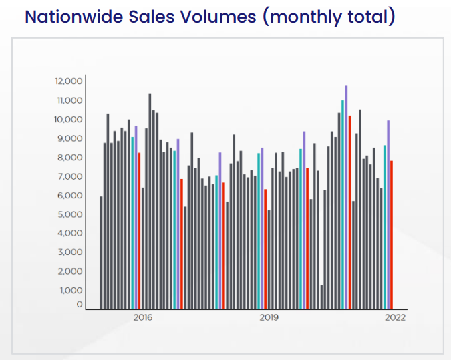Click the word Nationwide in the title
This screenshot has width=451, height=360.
pyautogui.click(x=74, y=17)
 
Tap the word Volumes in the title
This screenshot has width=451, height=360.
pyautogui.click(x=218, y=17)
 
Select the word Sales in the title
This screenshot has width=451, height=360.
pyautogui.click(x=152, y=17)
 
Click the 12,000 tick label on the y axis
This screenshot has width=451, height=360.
pyautogui.click(x=69, y=81)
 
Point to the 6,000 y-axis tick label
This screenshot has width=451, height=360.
pyautogui.click(x=70, y=196)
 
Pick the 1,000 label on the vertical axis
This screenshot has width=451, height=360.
pyautogui.click(x=71, y=291)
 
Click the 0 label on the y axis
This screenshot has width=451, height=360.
pyautogui.click(x=80, y=304)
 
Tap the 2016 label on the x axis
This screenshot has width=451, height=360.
pyautogui.click(x=143, y=317)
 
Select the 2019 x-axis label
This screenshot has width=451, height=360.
pyautogui.click(x=269, y=317)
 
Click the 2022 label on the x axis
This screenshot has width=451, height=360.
pyautogui.click(x=395, y=317)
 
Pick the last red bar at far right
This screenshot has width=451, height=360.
pyautogui.click(x=392, y=235)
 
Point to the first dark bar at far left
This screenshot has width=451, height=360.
pyautogui.click(x=102, y=252)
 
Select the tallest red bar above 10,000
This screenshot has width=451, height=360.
pyautogui.click(x=349, y=212)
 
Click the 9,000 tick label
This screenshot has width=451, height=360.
pyautogui.click(x=70, y=139)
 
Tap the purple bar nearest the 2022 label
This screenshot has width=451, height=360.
pyautogui.click(x=388, y=215)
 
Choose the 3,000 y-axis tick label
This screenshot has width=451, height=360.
pyautogui.click(x=70, y=252)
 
